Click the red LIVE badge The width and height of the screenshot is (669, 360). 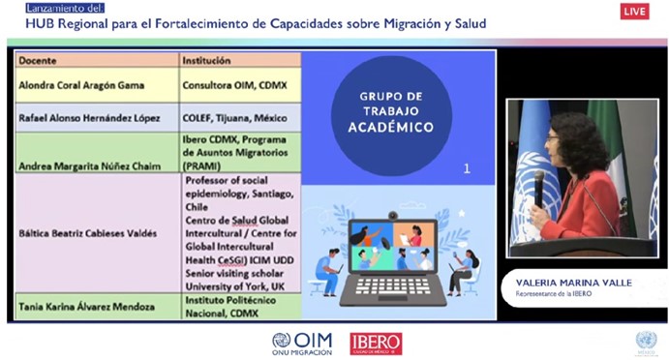pyautogui.click(x=635, y=12)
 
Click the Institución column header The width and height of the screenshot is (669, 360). pyautogui.click(x=206, y=61)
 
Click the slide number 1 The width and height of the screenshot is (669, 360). pyautogui.click(x=467, y=168)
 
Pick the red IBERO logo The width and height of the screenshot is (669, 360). pyautogui.click(x=376, y=343)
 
